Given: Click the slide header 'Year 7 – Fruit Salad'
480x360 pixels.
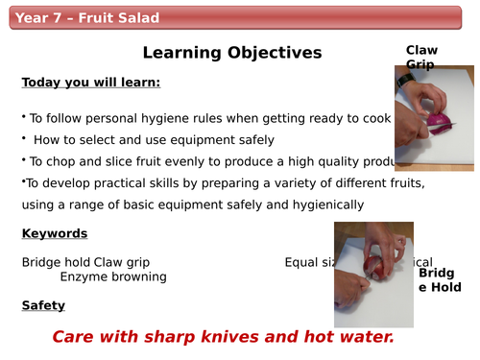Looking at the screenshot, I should pyautogui.click(x=88, y=18).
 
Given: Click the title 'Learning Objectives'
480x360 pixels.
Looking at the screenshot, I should pyautogui.click(x=232, y=53).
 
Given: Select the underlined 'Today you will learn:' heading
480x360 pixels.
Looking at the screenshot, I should pyautogui.click(x=91, y=83).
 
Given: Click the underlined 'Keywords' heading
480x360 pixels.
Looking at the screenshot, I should pyautogui.click(x=55, y=233).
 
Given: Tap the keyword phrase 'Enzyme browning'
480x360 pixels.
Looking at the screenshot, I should pyautogui.click(x=113, y=276).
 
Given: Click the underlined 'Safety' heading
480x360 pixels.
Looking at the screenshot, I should pyautogui.click(x=43, y=305).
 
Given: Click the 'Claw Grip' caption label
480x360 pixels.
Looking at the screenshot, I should pyautogui.click(x=421, y=57).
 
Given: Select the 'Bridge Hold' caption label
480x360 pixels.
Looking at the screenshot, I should pyautogui.click(x=440, y=279).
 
